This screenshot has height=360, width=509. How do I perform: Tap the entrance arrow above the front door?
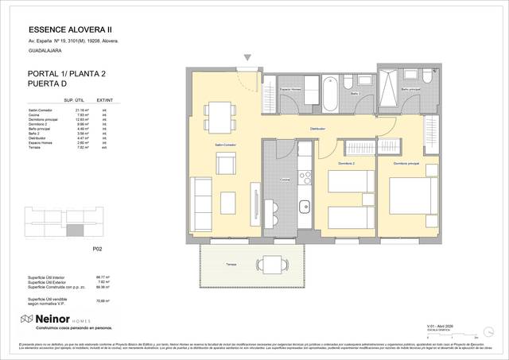tap(248, 58)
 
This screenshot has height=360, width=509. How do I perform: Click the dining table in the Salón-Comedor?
tap(219, 118)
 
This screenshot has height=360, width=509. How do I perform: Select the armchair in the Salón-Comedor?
tap(226, 165)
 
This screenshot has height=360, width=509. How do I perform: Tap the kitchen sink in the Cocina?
tap(303, 208)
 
